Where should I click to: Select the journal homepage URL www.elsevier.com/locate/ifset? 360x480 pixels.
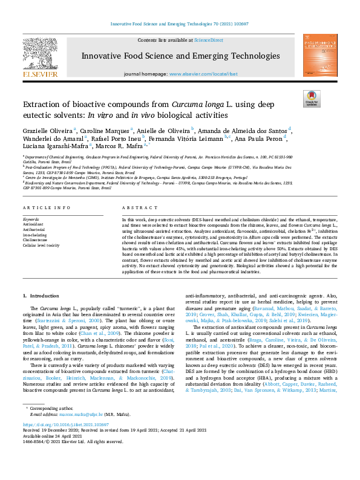click(x=203, y=74)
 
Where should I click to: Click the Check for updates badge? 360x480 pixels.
click(x=311, y=99)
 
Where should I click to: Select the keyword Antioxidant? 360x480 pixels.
click(x=33, y=223)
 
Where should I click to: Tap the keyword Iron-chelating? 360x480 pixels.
click(x=36, y=234)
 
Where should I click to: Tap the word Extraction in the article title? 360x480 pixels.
click(x=43, y=103)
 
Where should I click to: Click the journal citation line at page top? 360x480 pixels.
click(x=180, y=24)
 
